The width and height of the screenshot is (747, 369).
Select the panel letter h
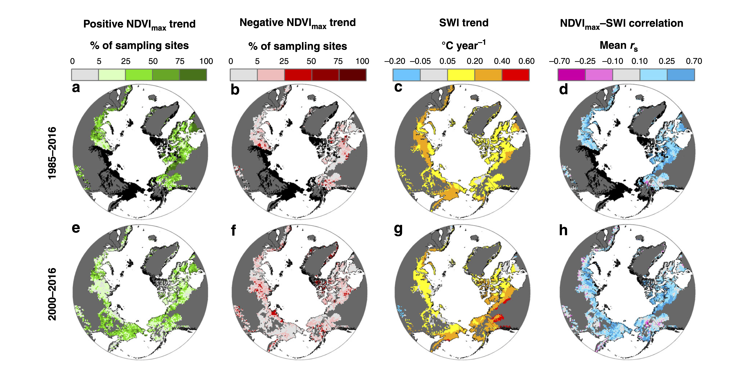(x=563, y=230)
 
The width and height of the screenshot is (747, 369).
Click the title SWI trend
(x=464, y=23)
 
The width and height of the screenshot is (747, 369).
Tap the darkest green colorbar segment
(x=193, y=75)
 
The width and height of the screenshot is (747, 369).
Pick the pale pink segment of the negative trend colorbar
(x=271, y=75)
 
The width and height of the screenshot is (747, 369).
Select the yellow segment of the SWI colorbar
(x=461, y=75)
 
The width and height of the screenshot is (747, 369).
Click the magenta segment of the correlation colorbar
(x=571, y=75)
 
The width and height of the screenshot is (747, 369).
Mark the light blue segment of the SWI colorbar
(x=406, y=75)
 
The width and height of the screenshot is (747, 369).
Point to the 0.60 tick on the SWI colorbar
(x=526, y=61)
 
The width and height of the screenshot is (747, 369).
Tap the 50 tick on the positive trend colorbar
(x=153, y=61)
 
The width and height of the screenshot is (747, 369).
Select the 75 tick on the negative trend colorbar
(x=338, y=61)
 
